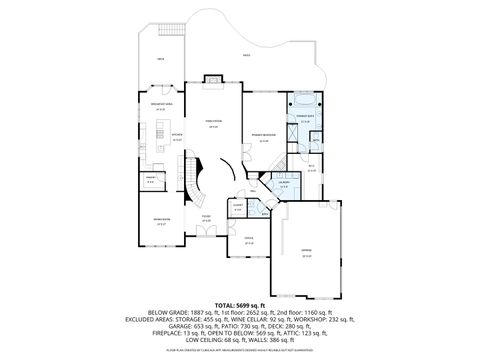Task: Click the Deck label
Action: tap(160, 60)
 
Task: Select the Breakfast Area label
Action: tap(158, 106)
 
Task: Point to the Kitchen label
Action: tap(176, 138)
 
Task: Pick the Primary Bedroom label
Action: tap(265, 139)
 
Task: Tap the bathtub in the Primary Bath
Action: tap(301, 102)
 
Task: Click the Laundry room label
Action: tap(284, 184)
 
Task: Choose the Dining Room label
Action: tap(160, 223)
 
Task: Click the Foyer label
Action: tap(206, 218)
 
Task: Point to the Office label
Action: tap(249, 240)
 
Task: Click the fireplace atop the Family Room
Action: tap(213, 80)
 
